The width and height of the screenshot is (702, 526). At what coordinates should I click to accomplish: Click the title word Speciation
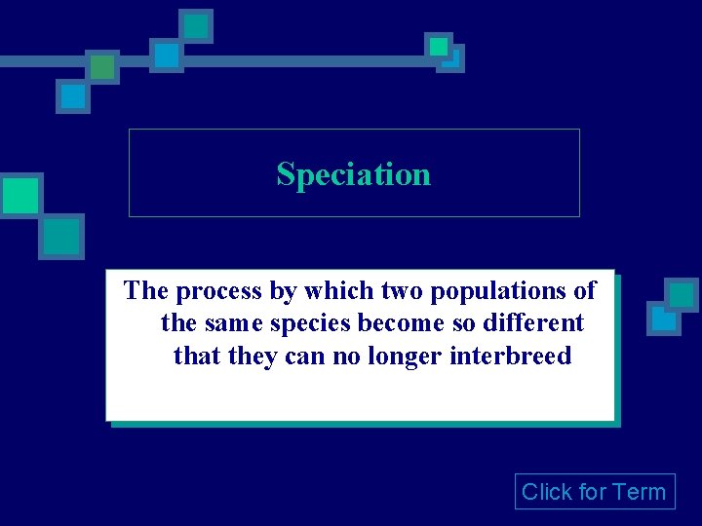pyautogui.click(x=353, y=174)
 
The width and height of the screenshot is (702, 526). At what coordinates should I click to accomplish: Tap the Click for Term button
pyautogui.click(x=594, y=492)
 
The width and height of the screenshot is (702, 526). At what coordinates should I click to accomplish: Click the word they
pyautogui.click(x=253, y=356)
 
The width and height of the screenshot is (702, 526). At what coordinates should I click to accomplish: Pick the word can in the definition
pyautogui.click(x=305, y=356)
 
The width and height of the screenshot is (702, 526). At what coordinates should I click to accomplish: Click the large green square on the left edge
pyautogui.click(x=19, y=196)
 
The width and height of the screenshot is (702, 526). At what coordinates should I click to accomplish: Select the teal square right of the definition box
pyautogui.click(x=682, y=294)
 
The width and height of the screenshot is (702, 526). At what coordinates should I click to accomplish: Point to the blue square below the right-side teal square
pyautogui.click(x=664, y=319)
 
